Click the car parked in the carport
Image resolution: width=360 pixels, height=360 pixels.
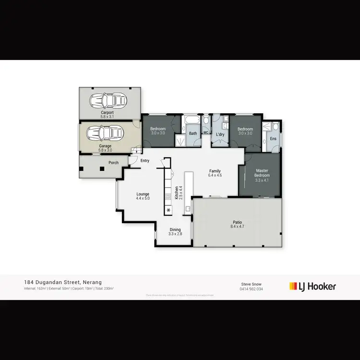(x=108, y=100)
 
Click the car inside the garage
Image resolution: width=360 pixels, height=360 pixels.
(x=104, y=132)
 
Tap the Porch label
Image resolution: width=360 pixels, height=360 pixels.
(x=113, y=163)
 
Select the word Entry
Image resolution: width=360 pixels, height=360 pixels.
(x=144, y=161)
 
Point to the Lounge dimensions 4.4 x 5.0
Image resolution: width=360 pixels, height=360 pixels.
(x=143, y=198)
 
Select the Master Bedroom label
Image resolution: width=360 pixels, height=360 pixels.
(x=262, y=173)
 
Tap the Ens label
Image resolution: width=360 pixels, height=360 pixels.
(x=273, y=139)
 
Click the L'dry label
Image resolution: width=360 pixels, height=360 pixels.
(x=220, y=134)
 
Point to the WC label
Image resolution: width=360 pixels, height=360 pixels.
(x=205, y=132)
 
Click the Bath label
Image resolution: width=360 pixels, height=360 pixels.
(x=192, y=133)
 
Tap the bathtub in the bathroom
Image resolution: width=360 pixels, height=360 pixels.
(x=191, y=119)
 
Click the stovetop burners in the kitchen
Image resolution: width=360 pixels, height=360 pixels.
(x=168, y=196)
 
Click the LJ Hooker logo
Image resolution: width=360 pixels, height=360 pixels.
(x=312, y=287)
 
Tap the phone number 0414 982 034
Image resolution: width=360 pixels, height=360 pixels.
(x=251, y=289)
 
